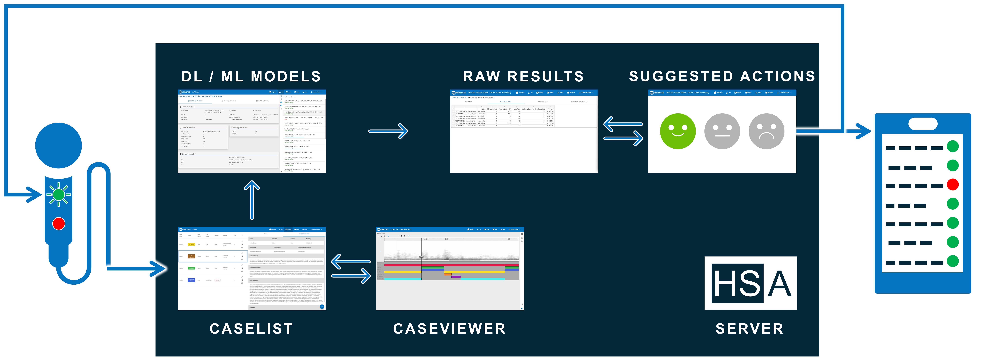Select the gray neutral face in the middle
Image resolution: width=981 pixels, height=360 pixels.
click(722, 131)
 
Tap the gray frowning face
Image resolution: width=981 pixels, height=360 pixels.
click(766, 131)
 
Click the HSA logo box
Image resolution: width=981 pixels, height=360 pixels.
click(750, 283)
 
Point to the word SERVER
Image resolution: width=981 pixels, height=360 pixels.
click(749, 328)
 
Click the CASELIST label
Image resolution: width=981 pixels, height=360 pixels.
click(251, 328)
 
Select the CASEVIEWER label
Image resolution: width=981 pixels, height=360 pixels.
click(449, 328)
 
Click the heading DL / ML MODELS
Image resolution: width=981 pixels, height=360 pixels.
click(251, 77)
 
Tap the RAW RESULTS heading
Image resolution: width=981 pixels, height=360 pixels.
click(524, 77)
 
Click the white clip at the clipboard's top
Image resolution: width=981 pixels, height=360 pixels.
click(923, 124)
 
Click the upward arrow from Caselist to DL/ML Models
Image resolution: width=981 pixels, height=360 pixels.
click(252, 200)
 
